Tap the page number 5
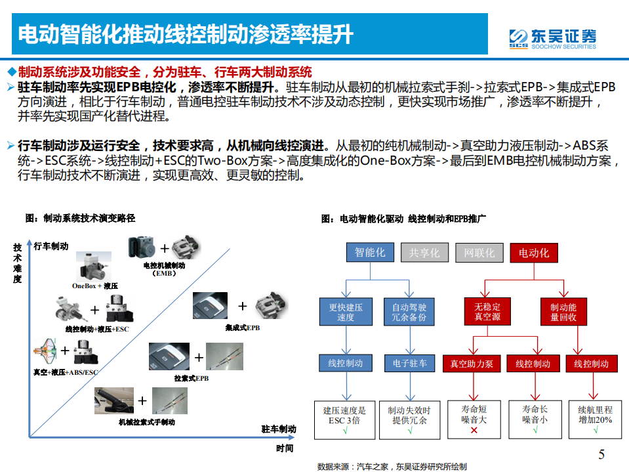(601, 454)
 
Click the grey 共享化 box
(424, 253)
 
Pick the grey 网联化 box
(479, 253)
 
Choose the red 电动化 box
(533, 253)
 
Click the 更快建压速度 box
(346, 312)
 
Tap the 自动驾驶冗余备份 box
(409, 312)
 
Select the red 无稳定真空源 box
(487, 312)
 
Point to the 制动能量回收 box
(563, 312)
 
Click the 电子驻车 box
(409, 363)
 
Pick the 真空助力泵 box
(472, 364)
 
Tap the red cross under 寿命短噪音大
(474, 430)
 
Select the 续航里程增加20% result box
(595, 419)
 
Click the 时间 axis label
(285, 448)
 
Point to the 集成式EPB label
(242, 327)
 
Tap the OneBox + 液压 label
(94, 286)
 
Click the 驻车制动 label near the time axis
(279, 429)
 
